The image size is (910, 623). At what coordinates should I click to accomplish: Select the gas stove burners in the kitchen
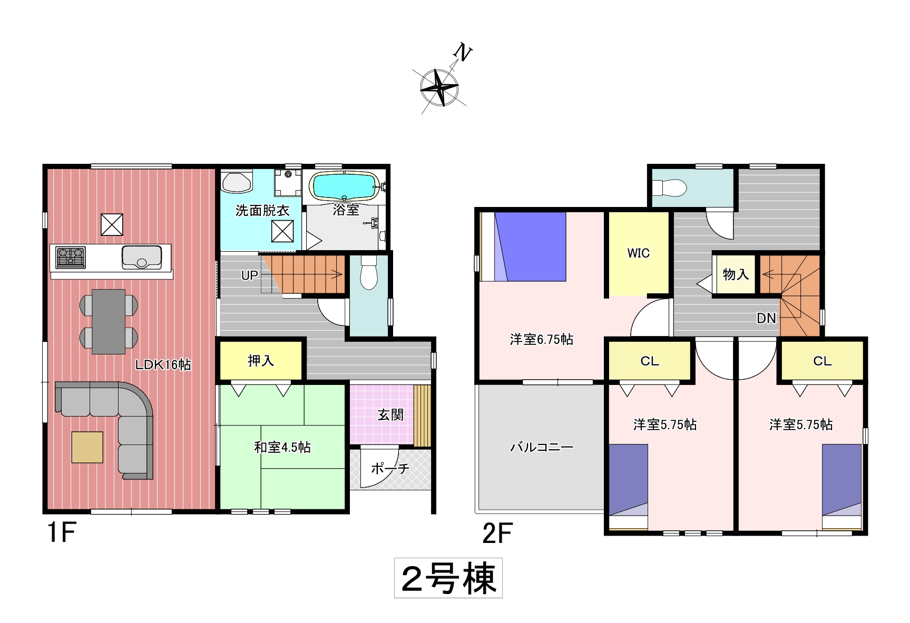click(71, 258)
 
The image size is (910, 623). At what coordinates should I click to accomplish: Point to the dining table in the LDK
click(109, 321)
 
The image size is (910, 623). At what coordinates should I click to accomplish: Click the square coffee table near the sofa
click(87, 447)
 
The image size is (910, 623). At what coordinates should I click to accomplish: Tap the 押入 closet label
click(261, 361)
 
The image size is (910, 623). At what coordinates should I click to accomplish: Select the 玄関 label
click(390, 415)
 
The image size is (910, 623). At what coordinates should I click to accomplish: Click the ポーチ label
click(390, 468)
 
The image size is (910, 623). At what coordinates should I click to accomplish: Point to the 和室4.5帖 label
click(282, 448)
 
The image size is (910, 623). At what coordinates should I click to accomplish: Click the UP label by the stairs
click(249, 275)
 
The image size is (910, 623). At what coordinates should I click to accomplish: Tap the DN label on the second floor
click(766, 318)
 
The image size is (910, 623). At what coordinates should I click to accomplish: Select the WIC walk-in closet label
click(638, 253)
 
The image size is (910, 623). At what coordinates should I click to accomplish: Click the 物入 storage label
click(736, 274)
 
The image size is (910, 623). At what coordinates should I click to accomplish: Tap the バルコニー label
click(541, 448)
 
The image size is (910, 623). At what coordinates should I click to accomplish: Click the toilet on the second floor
click(669, 187)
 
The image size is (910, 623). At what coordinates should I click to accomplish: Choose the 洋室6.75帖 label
click(541, 340)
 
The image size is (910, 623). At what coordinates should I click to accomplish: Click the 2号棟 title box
click(448, 578)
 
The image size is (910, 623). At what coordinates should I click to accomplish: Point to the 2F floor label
click(497, 534)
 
